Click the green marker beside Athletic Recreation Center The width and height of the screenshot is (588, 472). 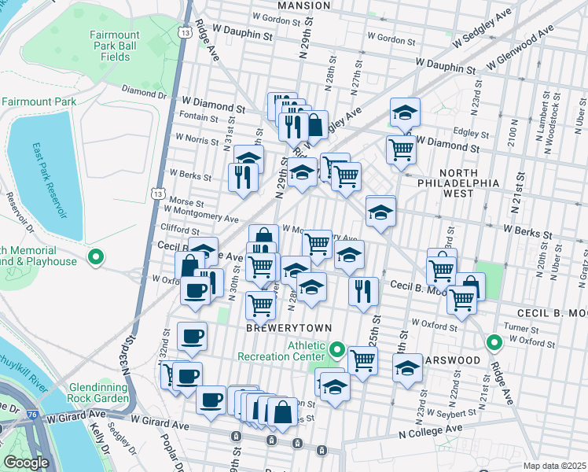(337, 348)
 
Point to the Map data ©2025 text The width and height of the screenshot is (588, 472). (555, 466)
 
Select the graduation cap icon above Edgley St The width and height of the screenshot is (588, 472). (406, 112)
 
